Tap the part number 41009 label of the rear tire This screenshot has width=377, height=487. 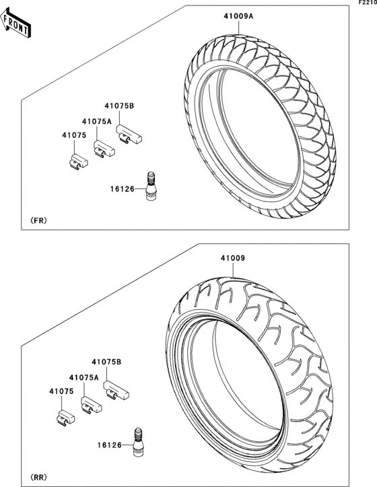coord(231,257)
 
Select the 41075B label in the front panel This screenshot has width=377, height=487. coord(118,106)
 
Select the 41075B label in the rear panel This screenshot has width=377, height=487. coord(106,362)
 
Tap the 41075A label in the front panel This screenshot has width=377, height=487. coord(96,121)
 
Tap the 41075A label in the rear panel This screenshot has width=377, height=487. coord(83,378)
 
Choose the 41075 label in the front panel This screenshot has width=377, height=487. coord(75,136)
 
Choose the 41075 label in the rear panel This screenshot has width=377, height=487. coord(61,391)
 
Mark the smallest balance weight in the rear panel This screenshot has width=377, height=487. coord(67,418)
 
